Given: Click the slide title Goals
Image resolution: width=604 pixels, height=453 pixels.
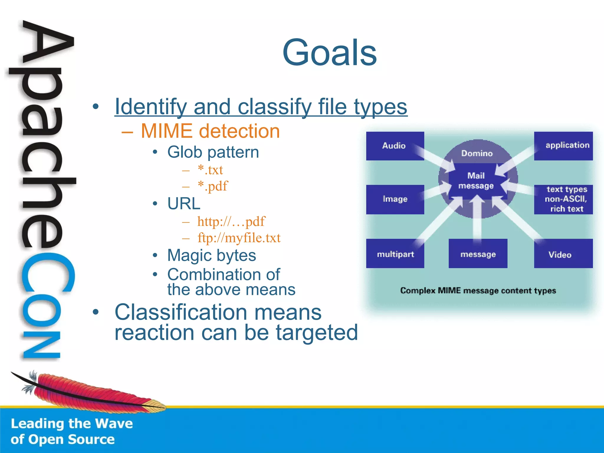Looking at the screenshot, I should (x=329, y=53).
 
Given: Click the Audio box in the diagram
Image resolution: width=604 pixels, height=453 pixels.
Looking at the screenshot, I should (x=395, y=146).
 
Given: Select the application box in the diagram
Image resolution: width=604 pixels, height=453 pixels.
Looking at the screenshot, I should (x=563, y=146).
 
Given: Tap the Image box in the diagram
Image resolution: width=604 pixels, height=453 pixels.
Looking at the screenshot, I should (x=395, y=199).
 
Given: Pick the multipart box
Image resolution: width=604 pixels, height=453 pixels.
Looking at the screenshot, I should (x=395, y=254).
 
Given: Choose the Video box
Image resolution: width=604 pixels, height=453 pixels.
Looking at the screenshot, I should (x=563, y=254).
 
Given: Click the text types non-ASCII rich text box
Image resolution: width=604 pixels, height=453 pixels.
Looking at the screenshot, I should (x=563, y=199).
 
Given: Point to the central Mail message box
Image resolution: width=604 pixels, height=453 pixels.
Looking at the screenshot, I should (x=476, y=181).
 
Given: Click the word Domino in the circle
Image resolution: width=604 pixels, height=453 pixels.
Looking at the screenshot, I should (x=477, y=153).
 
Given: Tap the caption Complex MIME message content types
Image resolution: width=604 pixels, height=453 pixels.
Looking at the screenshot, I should (x=478, y=291).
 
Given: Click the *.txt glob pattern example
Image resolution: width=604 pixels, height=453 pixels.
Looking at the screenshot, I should (x=210, y=170).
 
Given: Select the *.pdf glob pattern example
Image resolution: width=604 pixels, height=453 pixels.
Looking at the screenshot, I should (x=213, y=186).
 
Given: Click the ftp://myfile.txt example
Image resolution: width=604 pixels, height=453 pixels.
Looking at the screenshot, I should (x=239, y=238).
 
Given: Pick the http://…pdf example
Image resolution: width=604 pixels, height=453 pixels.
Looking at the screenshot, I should (x=231, y=222).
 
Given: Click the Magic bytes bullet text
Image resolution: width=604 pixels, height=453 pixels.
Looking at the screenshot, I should (x=211, y=255).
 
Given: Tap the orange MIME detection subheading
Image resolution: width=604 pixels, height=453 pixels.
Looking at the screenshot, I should (x=210, y=131).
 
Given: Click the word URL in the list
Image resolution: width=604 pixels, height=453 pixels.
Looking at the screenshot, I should (x=184, y=204).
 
